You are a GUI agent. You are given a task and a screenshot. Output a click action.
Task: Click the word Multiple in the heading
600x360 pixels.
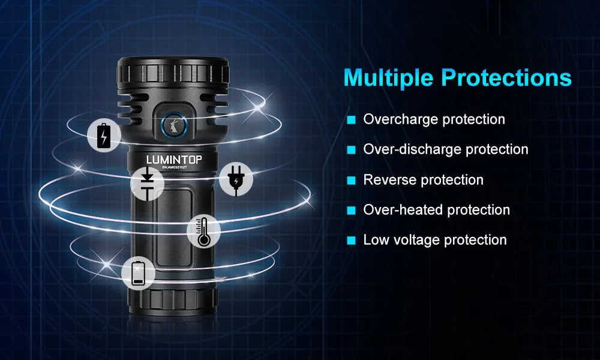(x=388, y=78)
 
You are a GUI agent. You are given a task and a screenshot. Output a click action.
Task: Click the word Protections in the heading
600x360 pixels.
(x=506, y=77)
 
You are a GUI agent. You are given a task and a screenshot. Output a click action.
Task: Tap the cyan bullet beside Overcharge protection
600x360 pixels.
(x=351, y=120)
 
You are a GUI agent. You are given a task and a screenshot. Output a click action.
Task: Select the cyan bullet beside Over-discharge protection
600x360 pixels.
(x=351, y=150)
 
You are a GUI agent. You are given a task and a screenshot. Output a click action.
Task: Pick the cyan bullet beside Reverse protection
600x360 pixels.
(x=351, y=180)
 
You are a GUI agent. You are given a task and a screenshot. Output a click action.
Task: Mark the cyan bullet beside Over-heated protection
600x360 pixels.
(x=351, y=211)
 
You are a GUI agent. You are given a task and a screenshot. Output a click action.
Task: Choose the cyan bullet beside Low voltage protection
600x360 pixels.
(x=351, y=241)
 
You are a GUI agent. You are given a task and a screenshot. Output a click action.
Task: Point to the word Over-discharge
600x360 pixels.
(x=412, y=149)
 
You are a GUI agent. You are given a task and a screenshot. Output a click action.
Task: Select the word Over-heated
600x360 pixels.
(x=403, y=210)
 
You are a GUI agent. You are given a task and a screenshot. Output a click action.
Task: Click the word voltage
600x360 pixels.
(x=417, y=240)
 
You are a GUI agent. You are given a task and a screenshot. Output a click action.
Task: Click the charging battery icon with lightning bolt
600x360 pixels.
(x=104, y=135)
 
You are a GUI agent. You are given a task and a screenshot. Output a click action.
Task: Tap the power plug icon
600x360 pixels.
(x=236, y=179)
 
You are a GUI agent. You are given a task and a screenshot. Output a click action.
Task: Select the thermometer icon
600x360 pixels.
(x=203, y=230)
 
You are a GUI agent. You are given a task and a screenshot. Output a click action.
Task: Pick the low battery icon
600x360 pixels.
(x=138, y=273)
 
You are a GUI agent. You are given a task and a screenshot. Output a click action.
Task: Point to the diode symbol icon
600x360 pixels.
(x=147, y=184)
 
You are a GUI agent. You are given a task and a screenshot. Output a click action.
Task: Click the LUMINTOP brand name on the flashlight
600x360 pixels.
(x=175, y=160)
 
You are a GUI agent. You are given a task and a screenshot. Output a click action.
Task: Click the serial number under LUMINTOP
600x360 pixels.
(x=175, y=167)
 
